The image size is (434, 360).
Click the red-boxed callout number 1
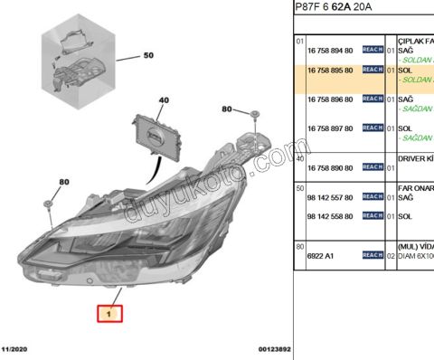tap(109, 313)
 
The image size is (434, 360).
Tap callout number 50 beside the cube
tap(148, 56)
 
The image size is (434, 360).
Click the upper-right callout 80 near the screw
tap(227, 109)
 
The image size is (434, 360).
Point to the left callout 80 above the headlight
tap(64, 182)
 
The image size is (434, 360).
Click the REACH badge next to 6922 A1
tap(373, 256)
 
